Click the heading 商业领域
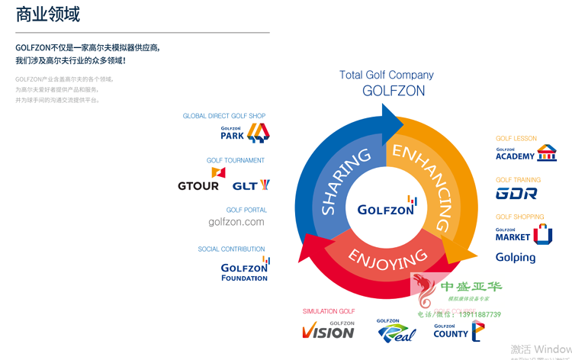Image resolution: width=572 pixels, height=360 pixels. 48,14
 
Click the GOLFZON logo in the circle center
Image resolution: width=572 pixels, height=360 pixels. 387,207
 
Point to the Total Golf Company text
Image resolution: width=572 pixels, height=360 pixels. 387,75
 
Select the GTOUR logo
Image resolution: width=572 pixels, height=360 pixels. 198,186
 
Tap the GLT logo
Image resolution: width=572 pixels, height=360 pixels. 251,185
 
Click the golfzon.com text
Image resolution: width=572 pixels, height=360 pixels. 236,222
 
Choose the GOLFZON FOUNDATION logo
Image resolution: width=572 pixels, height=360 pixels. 245,269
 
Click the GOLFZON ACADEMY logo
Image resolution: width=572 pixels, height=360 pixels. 525,154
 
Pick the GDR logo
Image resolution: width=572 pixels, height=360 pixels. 516,194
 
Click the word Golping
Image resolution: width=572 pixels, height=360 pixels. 516,257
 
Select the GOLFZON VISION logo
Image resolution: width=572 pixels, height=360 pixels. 329,329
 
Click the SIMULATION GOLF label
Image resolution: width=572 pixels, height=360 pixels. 329,311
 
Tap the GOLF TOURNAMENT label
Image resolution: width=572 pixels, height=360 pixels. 236,160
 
